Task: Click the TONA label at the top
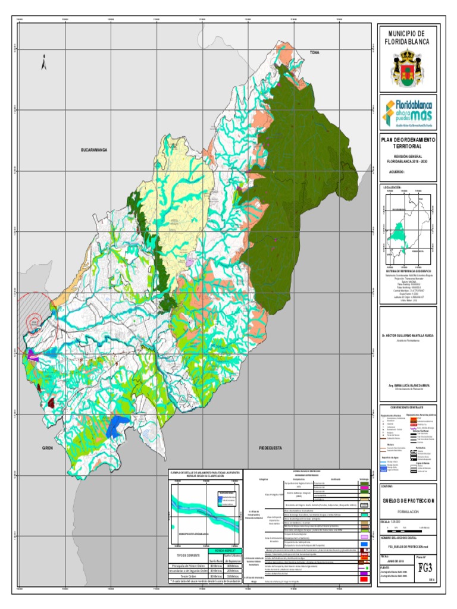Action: coord(314,54)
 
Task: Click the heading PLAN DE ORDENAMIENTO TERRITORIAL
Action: coord(408,142)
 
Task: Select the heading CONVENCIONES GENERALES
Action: coord(408,407)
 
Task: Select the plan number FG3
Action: coord(425,569)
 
